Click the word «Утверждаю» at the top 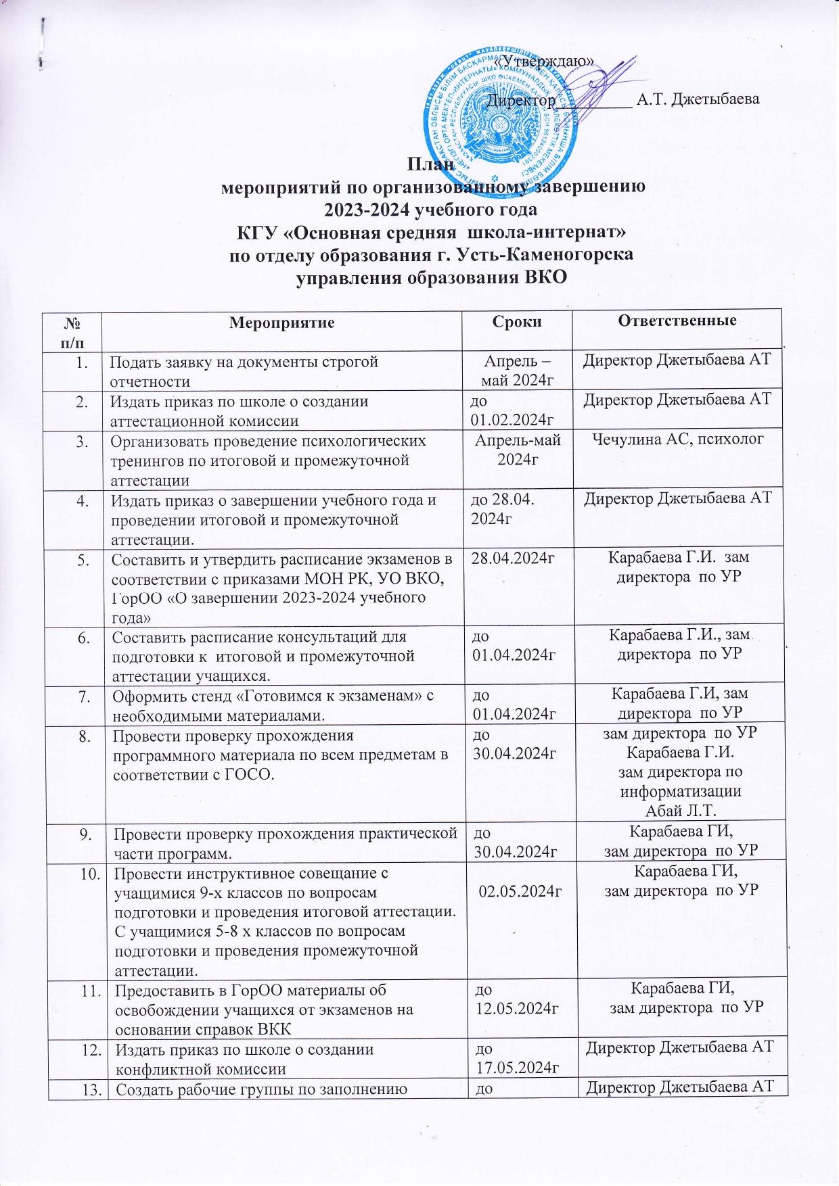point(545,61)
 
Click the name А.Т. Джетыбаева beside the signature point(698,99)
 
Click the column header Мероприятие point(282,322)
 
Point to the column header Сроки point(518,322)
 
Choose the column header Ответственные point(677,321)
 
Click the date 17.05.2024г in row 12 point(516,1068)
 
